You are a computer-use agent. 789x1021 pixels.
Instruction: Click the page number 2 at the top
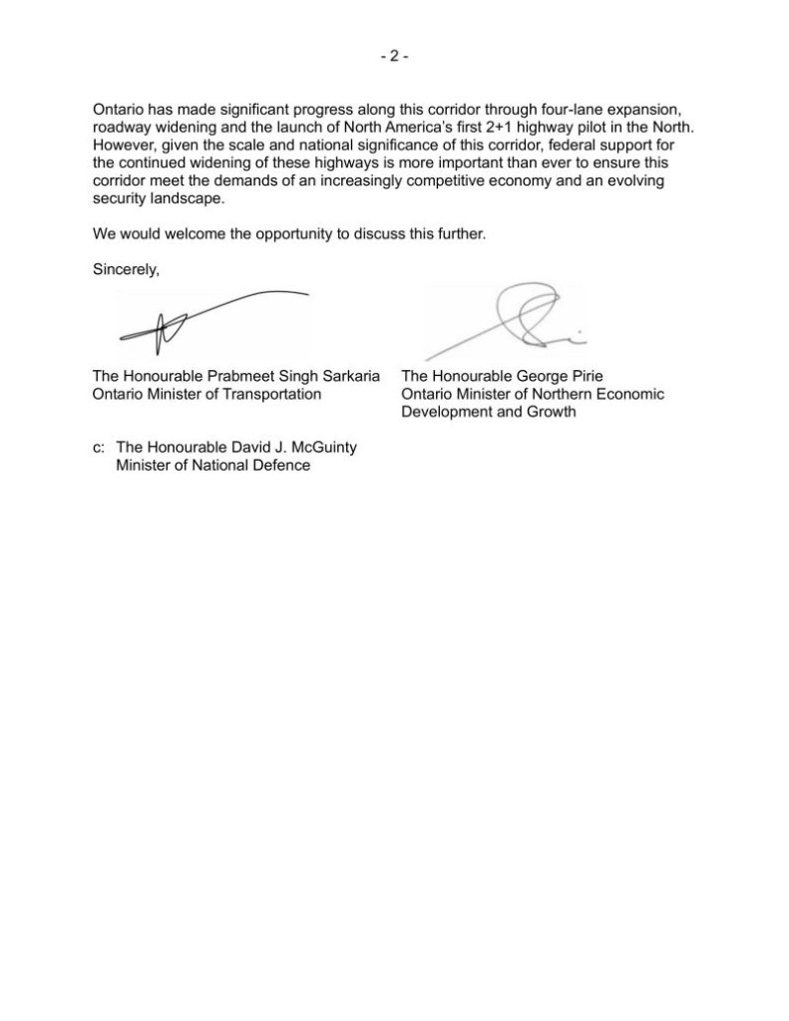[x=394, y=57]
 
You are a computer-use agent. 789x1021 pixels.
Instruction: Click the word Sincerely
[x=125, y=268]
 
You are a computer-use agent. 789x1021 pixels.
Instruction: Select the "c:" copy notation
[x=98, y=448]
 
